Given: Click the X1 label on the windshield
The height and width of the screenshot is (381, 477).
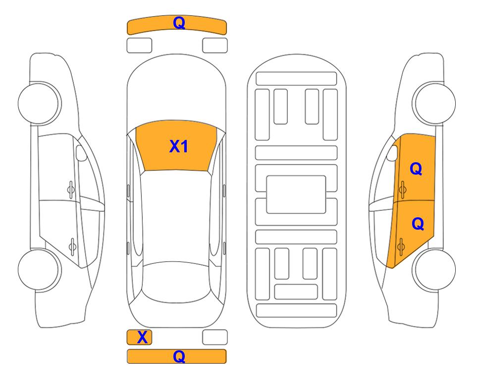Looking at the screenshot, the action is click(x=179, y=146).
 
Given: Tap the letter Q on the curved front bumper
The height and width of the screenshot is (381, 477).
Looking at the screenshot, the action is click(x=179, y=23).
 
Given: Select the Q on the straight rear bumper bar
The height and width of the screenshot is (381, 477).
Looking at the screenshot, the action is click(x=179, y=356).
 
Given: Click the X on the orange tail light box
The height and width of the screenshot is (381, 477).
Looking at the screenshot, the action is click(x=142, y=337).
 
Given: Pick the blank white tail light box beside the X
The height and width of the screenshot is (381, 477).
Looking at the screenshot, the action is click(x=215, y=337).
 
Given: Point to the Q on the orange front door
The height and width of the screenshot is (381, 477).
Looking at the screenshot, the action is click(x=416, y=169).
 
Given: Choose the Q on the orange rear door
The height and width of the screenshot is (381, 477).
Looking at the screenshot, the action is click(x=418, y=224).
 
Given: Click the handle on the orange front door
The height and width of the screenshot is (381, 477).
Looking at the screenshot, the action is click(x=402, y=190).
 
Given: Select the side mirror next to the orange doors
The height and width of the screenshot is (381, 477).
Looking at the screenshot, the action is click(x=392, y=153).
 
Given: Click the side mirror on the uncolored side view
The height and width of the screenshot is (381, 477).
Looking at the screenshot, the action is click(x=81, y=153).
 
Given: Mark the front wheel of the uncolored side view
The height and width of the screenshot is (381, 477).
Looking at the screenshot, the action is click(x=39, y=103).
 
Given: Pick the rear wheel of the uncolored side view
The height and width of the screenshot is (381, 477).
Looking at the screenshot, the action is click(x=39, y=269).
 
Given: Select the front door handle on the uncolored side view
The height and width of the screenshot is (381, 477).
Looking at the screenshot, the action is click(x=71, y=190).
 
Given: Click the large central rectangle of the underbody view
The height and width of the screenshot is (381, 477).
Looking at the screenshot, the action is click(x=296, y=194).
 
